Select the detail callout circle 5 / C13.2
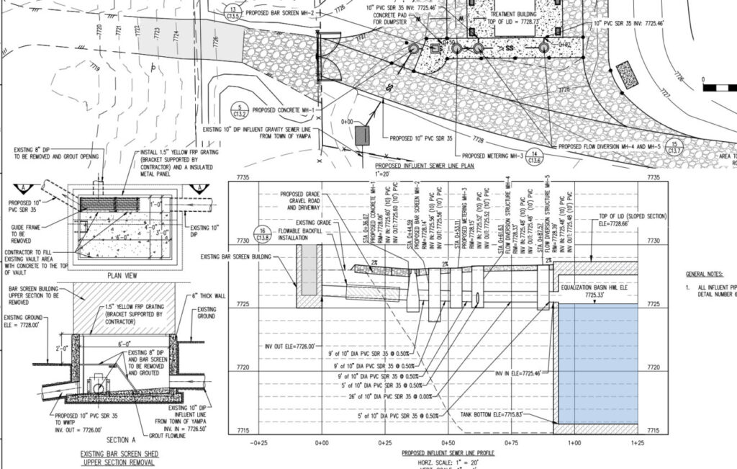pos(240,110)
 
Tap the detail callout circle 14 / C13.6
pos(533,156)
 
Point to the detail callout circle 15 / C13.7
pos(674,147)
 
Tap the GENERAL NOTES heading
pos(705,274)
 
